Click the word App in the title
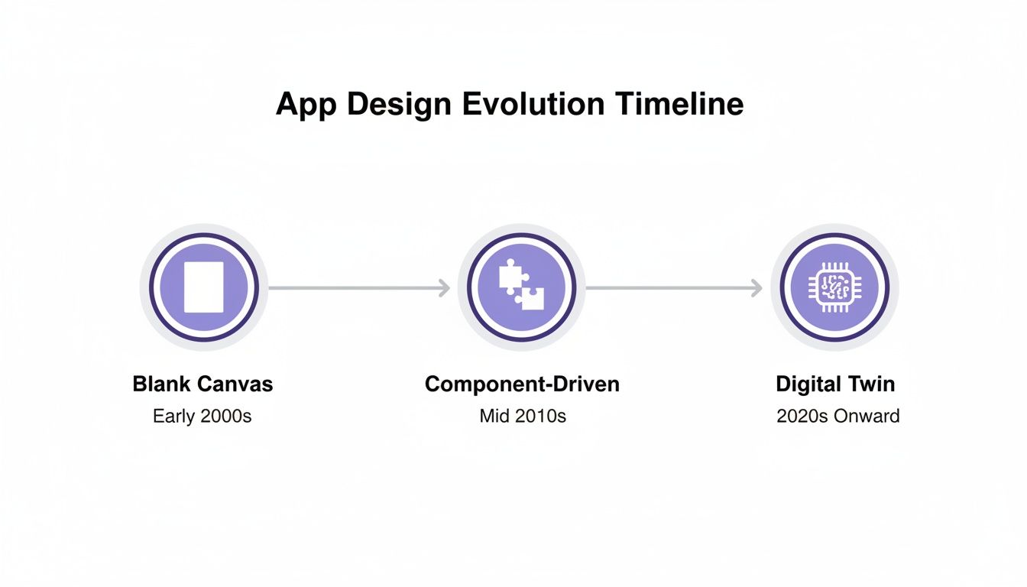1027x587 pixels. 306,105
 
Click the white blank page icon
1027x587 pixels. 204,287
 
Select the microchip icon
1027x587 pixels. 834,287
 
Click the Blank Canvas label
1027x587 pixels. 202,384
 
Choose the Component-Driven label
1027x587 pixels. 522,384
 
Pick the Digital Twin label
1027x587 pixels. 834,384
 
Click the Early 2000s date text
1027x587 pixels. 202,417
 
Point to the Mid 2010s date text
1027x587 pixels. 523,417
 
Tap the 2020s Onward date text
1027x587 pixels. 837,417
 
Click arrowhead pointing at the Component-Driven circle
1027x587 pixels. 444,288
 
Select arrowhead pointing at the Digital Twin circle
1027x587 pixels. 756,288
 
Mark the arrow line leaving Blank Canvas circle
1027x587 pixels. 352,288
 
